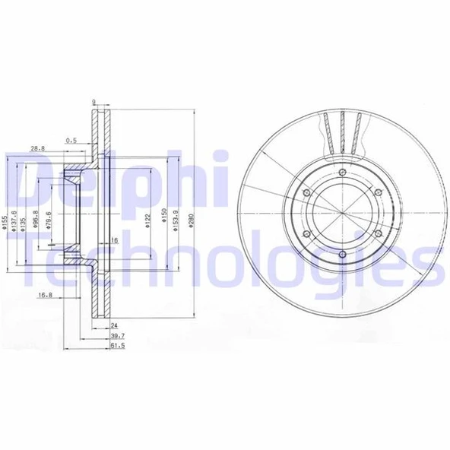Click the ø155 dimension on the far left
point(5,221)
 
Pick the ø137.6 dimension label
point(14,221)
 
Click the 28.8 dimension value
point(37,147)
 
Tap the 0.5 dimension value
point(71,140)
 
